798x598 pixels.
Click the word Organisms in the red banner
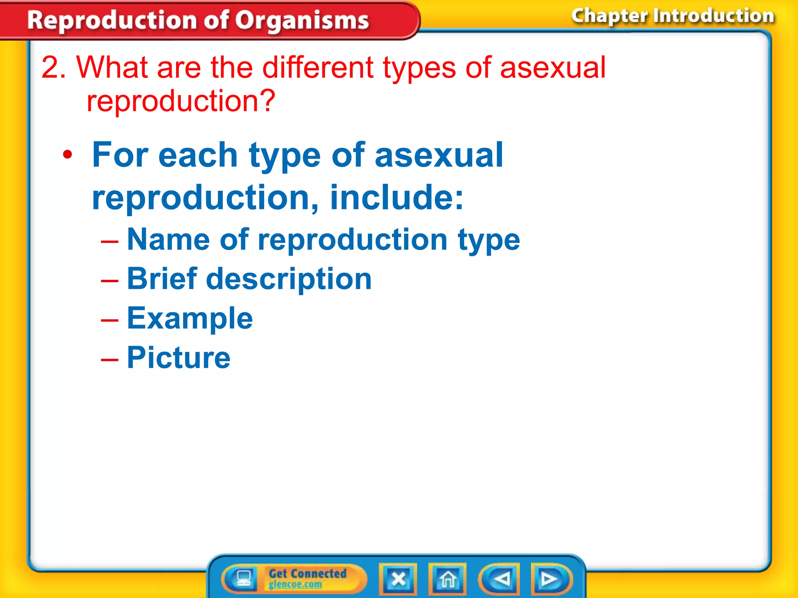coord(302,20)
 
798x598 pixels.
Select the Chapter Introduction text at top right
coord(673,16)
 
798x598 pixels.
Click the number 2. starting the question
coord(54,68)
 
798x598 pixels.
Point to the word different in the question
coord(318,68)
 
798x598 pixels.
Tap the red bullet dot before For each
coord(68,155)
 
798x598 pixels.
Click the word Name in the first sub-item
coord(168,240)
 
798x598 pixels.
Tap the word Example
coord(190,318)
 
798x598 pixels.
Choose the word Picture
coord(178,358)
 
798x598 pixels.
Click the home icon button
coord(448,579)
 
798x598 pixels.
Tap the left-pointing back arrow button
coord(500,579)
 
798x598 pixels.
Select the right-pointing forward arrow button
coord(550,579)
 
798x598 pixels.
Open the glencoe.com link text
coord(295,584)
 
